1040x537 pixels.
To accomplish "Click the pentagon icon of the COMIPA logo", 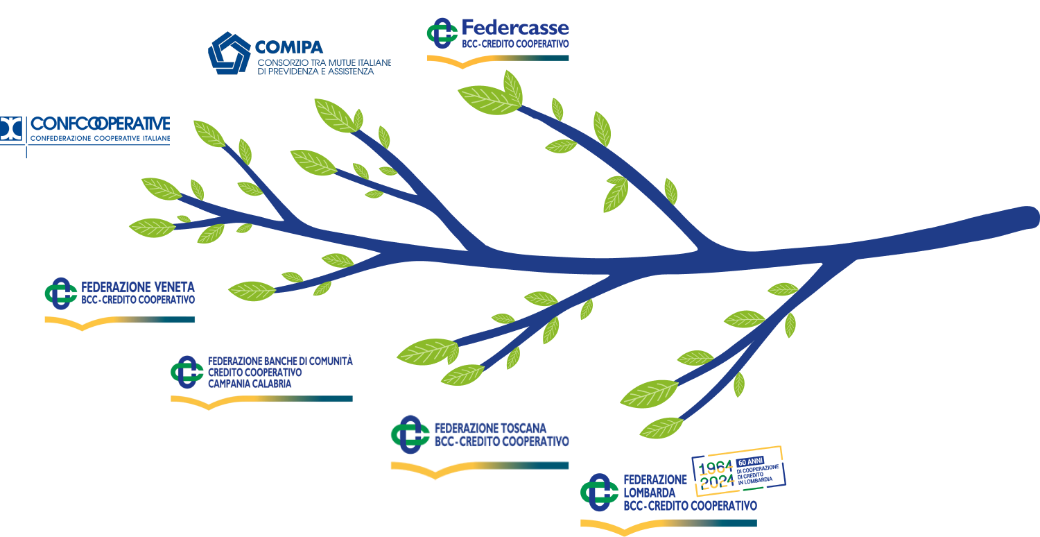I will point(229,53).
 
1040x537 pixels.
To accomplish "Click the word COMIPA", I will point(289,47).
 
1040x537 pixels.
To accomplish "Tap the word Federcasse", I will point(515,28).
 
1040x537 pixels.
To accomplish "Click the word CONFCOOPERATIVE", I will point(101,124).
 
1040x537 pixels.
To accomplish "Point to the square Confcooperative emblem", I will point(12,129).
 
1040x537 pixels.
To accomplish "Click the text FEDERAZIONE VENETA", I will point(138,287).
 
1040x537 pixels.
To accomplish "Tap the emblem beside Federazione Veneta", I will point(60,293).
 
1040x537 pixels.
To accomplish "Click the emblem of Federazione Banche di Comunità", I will point(187,372).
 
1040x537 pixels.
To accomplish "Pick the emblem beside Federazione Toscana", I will point(410,434).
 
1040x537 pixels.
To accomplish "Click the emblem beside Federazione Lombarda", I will point(599,492).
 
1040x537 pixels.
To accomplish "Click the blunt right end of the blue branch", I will point(1030,217).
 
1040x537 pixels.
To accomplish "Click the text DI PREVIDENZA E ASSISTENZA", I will point(315,71).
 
